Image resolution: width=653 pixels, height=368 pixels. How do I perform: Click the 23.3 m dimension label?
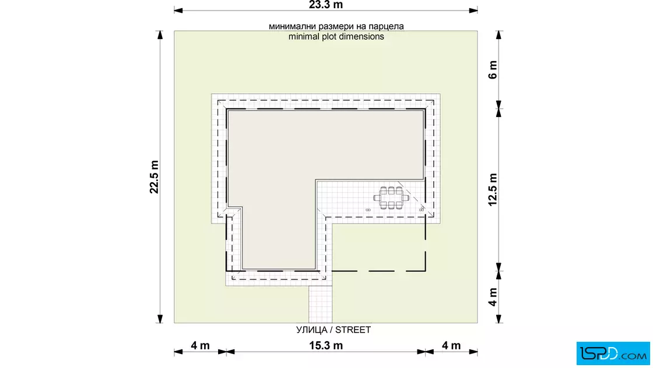point(326,5)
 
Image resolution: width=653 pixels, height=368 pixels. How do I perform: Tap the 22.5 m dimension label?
point(154,177)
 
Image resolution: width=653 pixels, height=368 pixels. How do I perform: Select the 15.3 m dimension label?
point(326,345)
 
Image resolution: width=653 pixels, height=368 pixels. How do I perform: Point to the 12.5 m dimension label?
point(493,190)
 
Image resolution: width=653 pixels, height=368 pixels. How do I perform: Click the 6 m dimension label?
point(493,70)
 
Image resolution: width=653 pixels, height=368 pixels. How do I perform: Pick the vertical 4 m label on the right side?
point(493,297)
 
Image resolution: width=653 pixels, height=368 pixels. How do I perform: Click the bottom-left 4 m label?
point(201,345)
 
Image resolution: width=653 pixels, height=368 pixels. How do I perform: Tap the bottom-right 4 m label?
point(451,345)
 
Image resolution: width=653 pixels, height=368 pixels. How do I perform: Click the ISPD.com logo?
point(613,353)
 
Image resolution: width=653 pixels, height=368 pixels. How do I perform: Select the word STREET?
point(353,330)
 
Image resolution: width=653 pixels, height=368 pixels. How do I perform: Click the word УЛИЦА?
point(311,330)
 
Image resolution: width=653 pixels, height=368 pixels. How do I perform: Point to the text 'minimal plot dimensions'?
point(336,37)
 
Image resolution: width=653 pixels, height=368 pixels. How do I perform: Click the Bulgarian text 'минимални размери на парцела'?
point(336,26)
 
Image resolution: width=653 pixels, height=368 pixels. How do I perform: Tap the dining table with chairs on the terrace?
point(391,198)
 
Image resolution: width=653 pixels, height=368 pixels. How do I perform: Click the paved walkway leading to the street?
point(320,304)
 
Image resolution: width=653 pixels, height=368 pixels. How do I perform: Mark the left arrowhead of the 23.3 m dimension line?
point(178,10)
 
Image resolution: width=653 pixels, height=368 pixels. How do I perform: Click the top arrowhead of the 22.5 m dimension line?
point(160,35)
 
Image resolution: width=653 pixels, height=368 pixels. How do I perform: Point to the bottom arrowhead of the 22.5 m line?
point(160,319)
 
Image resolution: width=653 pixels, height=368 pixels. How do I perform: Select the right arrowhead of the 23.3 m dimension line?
point(473,10)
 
